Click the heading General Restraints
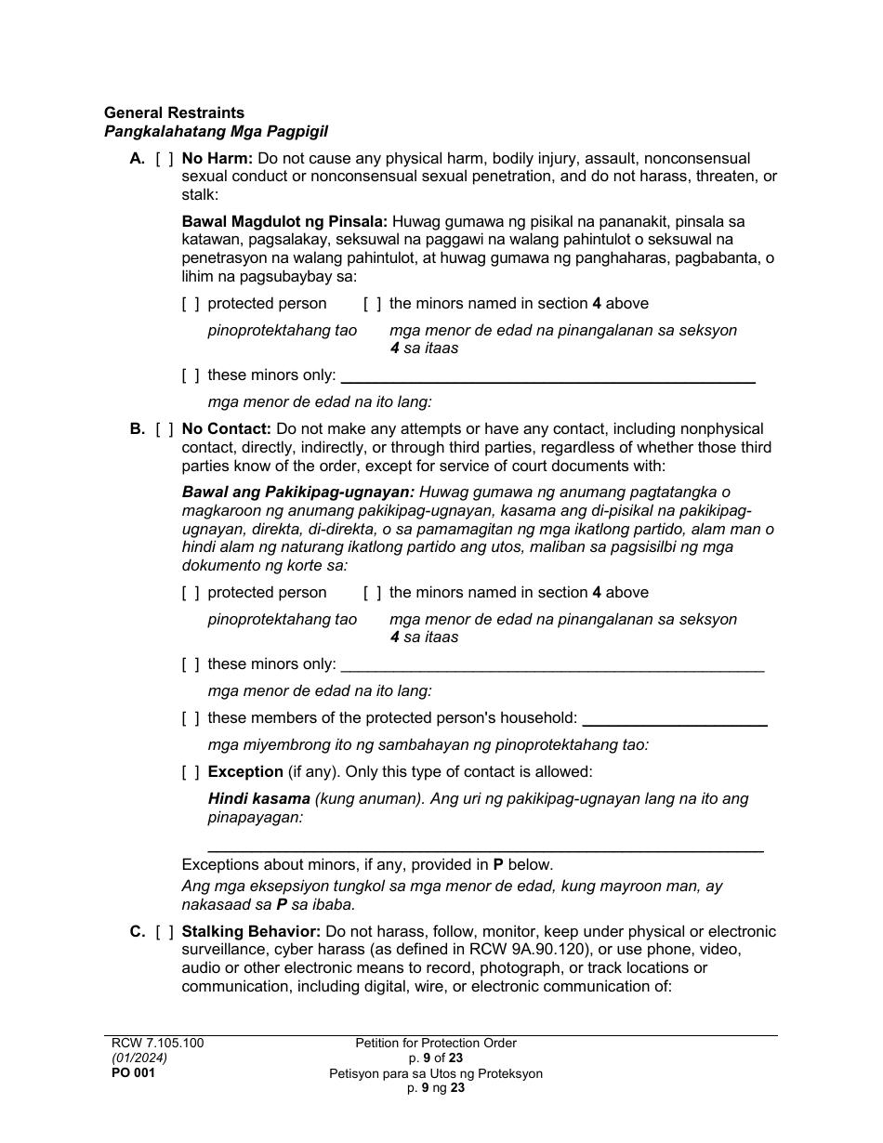click(174, 113)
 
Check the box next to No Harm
click(165, 159)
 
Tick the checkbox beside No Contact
click(165, 429)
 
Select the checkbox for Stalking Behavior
click(165, 931)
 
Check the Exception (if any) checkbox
click(191, 771)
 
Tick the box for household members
click(191, 718)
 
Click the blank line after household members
click(674, 720)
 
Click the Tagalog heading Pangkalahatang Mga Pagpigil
click(216, 132)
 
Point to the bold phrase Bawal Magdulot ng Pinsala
click(284, 222)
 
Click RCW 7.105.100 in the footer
click(153, 1043)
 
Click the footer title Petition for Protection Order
click(436, 1043)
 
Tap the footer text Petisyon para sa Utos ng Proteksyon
click(436, 1073)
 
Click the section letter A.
click(137, 159)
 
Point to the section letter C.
click(137, 931)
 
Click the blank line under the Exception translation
click(484, 846)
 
